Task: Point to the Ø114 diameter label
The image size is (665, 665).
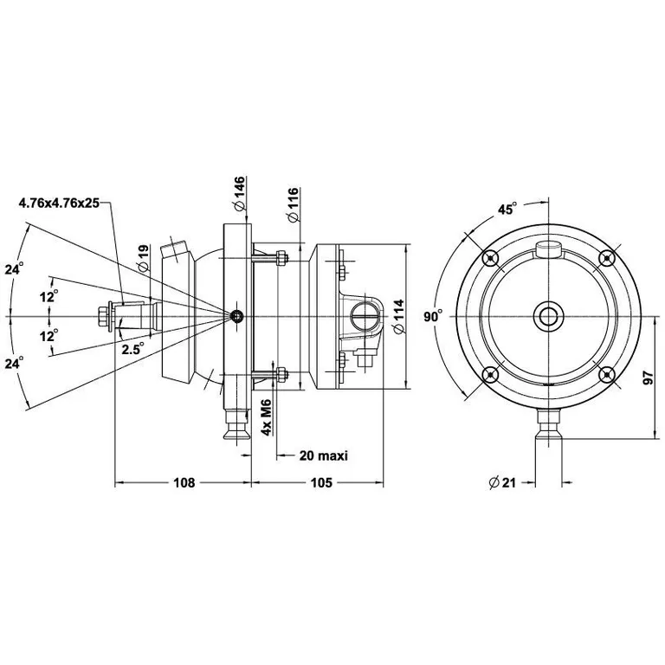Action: tap(398, 317)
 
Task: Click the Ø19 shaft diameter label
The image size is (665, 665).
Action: tap(144, 258)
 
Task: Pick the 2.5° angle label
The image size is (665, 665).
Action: tap(132, 349)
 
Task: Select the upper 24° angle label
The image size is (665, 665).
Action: tap(13, 269)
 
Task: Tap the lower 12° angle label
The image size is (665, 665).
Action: tap(48, 334)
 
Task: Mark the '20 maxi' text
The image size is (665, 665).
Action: tap(323, 455)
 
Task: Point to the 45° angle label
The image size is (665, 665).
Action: tap(507, 209)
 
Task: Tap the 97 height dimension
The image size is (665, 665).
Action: tap(649, 378)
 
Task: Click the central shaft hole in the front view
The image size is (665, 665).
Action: tap(548, 316)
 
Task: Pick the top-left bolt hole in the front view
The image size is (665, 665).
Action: tap(490, 257)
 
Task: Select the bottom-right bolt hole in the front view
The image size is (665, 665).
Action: tap(607, 374)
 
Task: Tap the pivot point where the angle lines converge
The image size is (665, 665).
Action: tap(236, 316)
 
